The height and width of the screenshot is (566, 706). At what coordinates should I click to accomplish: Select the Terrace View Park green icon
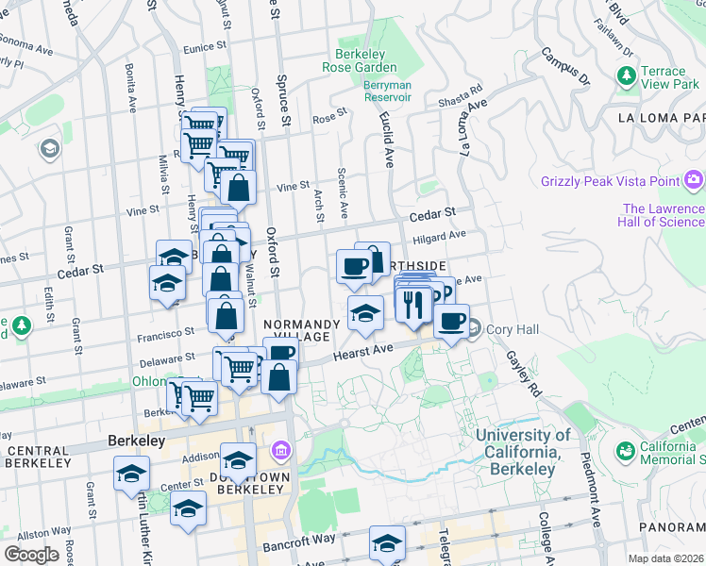point(625,75)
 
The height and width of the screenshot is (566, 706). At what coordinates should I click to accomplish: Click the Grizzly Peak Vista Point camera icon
point(695,179)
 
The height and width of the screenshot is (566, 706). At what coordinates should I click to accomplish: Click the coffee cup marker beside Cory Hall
point(452,320)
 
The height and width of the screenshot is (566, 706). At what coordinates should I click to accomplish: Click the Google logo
point(31,554)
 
